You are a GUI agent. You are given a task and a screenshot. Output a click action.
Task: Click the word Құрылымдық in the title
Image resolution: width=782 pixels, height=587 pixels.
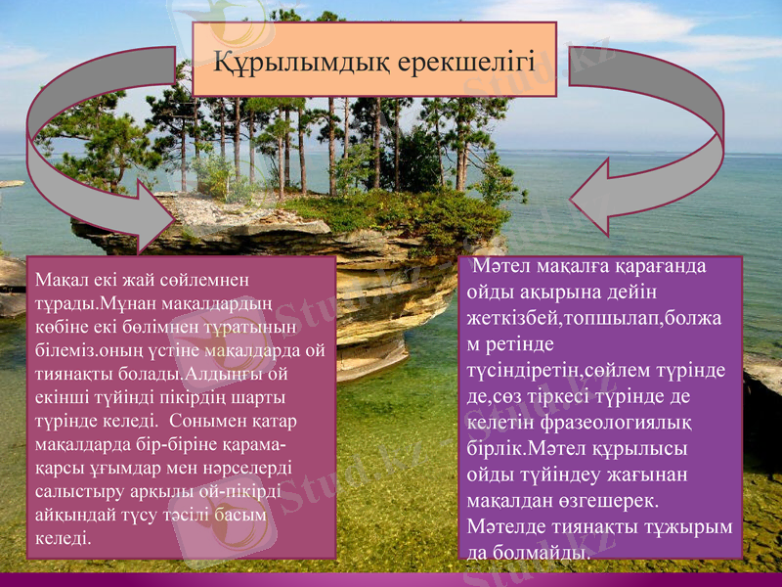[x=301, y=65]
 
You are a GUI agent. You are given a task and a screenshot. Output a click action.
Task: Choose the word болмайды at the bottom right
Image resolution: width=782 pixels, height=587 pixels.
[x=540, y=553]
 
